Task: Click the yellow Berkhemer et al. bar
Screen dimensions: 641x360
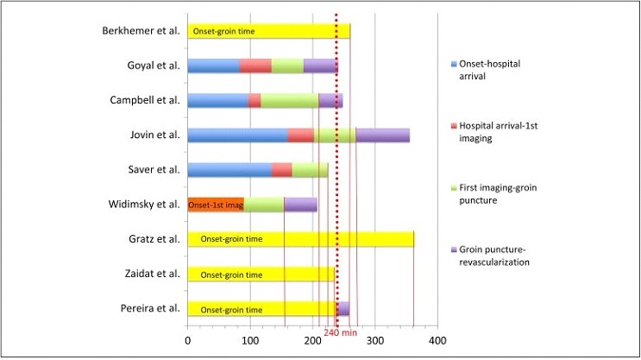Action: point(269,31)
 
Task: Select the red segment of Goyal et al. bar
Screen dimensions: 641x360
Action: point(255,66)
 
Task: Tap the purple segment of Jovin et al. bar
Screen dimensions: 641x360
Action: point(383,135)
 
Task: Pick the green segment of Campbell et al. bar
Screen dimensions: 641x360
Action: point(289,101)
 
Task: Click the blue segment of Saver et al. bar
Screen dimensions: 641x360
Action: point(229,170)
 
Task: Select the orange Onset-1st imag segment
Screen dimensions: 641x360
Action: point(216,205)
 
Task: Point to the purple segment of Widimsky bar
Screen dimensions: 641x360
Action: point(300,205)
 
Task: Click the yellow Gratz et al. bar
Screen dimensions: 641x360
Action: point(301,239)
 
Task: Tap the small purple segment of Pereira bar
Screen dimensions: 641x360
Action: point(343,309)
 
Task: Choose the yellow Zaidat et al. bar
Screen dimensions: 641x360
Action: point(261,274)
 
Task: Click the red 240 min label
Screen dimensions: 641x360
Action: point(340,332)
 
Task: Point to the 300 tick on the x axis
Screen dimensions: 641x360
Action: point(375,340)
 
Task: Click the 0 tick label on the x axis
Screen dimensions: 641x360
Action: point(187,340)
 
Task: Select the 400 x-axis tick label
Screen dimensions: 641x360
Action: point(437,340)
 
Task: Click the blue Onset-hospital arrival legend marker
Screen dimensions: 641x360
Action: point(454,64)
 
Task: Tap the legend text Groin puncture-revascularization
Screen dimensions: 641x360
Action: point(494,256)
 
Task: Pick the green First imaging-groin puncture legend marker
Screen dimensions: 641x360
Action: point(454,188)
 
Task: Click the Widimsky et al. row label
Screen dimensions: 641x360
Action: point(144,204)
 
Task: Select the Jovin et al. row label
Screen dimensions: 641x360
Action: point(155,135)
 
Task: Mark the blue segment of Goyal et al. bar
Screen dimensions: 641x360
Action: point(214,66)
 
